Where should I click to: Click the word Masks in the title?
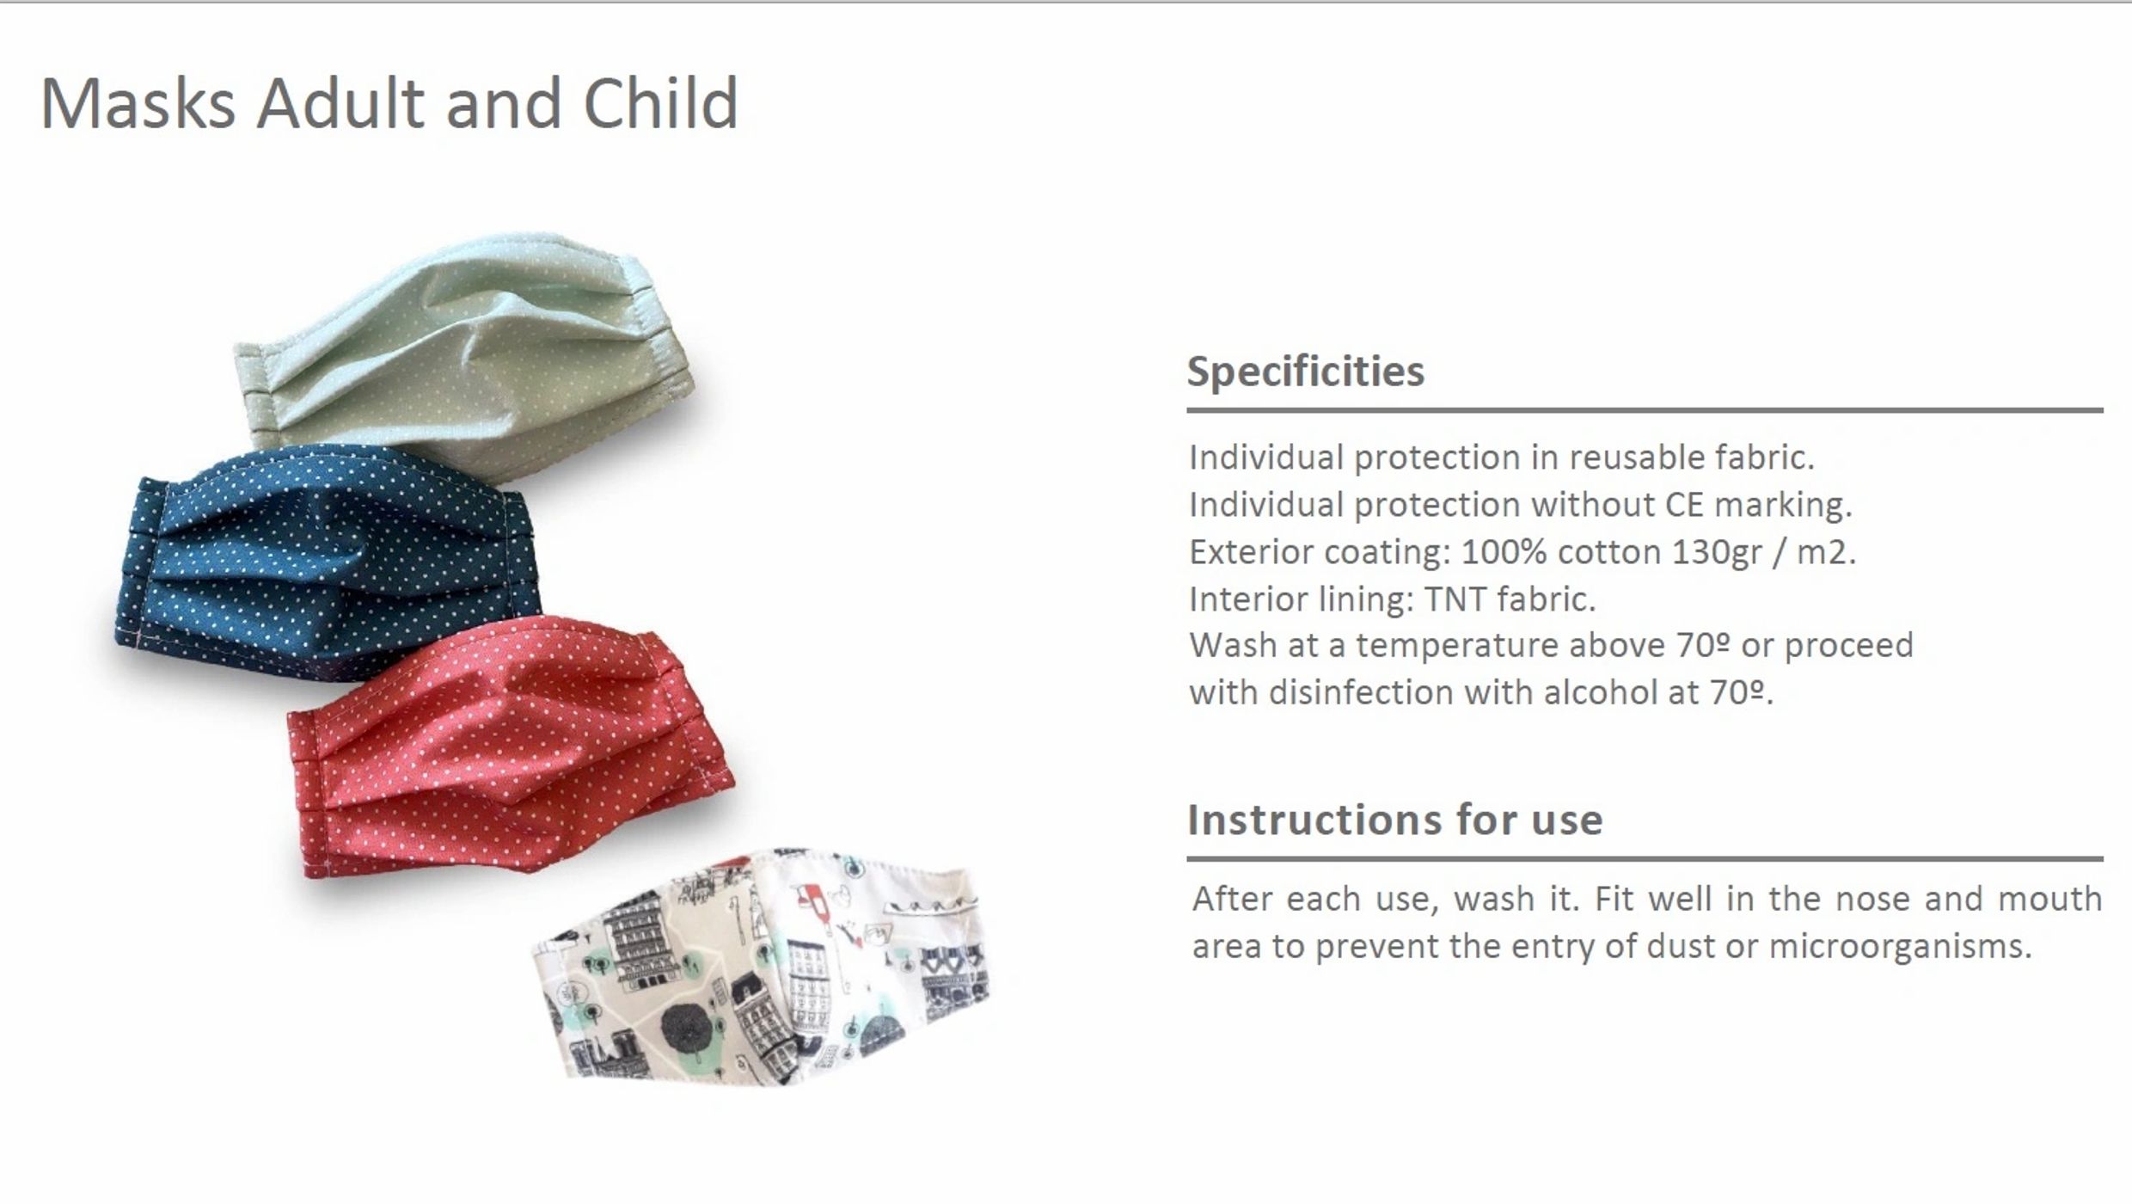click(138, 103)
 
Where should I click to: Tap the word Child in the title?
click(660, 103)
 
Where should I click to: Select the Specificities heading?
click(1306, 372)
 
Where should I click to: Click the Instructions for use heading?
click(1395, 820)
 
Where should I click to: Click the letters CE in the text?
click(1684, 505)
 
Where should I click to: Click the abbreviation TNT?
click(1455, 599)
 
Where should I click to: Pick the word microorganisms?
click(1900, 947)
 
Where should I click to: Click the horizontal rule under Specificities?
click(1645, 411)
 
